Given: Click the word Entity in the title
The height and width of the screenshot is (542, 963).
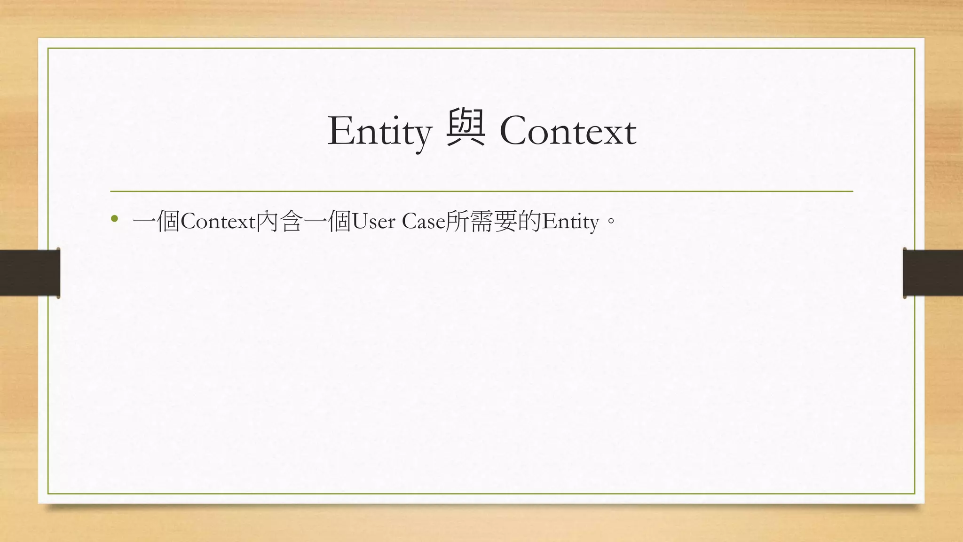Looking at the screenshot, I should pyautogui.click(x=379, y=131).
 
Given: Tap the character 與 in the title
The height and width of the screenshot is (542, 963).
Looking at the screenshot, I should pyautogui.click(x=466, y=128).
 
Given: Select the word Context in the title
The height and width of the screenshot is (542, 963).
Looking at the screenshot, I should pyautogui.click(x=568, y=131).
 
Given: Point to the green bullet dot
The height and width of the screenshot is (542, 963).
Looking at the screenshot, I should pyautogui.click(x=114, y=219).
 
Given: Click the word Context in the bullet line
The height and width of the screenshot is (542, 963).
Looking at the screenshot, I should pyautogui.click(x=218, y=221).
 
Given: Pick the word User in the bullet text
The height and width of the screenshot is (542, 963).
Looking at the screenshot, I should pyautogui.click(x=373, y=221).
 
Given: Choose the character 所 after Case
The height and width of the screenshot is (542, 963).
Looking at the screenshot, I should pyautogui.click(x=457, y=221).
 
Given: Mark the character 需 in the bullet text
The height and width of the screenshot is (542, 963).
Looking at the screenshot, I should pyautogui.click(x=481, y=221).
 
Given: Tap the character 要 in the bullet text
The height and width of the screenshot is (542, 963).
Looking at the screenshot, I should pyautogui.click(x=506, y=221).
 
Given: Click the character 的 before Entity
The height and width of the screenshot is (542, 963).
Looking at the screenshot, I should pyautogui.click(x=530, y=221).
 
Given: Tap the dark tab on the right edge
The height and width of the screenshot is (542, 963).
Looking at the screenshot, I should pyautogui.click(x=933, y=273).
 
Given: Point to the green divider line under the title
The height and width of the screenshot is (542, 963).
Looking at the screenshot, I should pyautogui.click(x=481, y=191).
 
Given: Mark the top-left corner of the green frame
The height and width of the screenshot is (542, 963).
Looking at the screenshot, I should pyautogui.click(x=48, y=48).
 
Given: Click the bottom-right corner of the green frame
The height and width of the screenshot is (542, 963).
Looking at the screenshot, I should pyautogui.click(x=915, y=494).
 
